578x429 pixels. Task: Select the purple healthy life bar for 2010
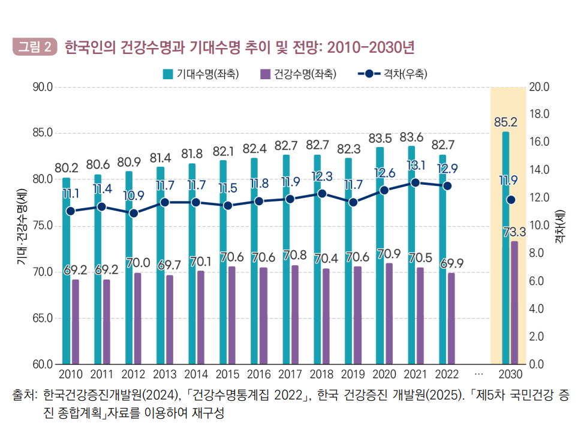(75, 322)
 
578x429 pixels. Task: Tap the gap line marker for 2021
(415, 183)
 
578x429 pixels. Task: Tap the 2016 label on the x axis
(258, 375)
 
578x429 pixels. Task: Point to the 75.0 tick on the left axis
(43, 226)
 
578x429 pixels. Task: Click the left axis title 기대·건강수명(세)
(22, 226)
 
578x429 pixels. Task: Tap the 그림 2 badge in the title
(34, 46)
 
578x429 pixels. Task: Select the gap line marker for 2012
(134, 213)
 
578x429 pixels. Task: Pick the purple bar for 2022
(451, 318)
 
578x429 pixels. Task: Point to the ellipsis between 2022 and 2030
(478, 375)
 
